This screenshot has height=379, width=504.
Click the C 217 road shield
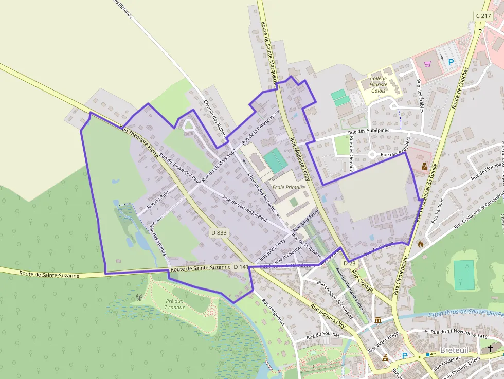coord(483,16)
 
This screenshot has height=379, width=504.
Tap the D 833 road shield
coord(219,233)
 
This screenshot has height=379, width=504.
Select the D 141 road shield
coord(240,267)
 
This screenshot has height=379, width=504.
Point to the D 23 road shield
coord(350,263)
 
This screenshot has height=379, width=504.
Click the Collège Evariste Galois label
coord(379,85)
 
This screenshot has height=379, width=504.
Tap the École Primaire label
coord(289,187)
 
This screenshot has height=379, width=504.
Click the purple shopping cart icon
coord(427,64)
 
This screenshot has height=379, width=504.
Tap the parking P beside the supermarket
coord(451,62)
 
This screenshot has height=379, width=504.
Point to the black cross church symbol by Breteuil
coord(491,349)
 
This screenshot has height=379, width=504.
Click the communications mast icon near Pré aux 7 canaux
coord(138,297)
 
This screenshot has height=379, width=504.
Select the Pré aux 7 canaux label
coord(174,304)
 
